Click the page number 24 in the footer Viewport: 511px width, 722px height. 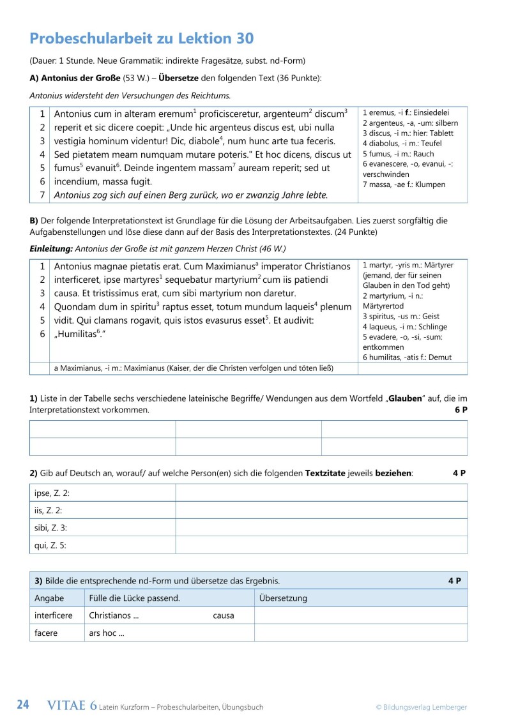pyautogui.click(x=23, y=705)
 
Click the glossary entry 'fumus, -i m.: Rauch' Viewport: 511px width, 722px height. pyautogui.click(x=398, y=154)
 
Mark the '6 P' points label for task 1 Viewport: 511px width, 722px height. pyautogui.click(x=461, y=410)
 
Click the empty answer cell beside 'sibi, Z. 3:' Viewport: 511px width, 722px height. pyautogui.click(x=321, y=528)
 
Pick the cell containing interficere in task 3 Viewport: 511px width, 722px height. pyautogui.click(x=54, y=615)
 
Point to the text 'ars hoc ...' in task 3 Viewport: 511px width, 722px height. pyautogui.click(x=106, y=633)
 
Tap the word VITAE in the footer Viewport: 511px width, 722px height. pyautogui.click(x=68, y=705)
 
